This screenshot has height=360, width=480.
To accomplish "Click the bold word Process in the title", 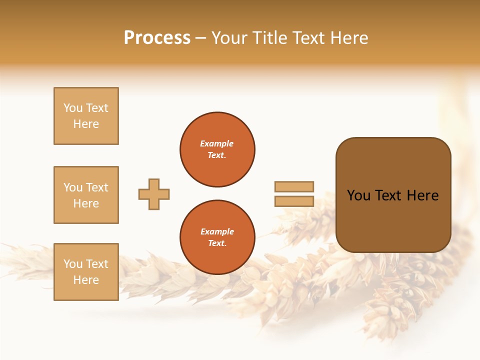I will (x=157, y=38).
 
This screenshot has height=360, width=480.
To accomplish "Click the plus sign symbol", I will (x=154, y=194).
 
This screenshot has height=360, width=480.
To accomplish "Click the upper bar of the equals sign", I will (x=294, y=186).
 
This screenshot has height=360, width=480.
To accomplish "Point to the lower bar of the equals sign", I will (x=294, y=201).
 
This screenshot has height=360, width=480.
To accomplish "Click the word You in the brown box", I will (x=358, y=195).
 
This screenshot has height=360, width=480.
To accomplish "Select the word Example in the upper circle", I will (x=217, y=143).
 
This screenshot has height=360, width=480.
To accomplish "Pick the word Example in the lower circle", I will (x=217, y=231).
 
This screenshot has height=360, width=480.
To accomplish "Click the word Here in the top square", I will (x=86, y=124).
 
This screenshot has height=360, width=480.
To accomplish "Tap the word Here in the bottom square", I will (x=86, y=280).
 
